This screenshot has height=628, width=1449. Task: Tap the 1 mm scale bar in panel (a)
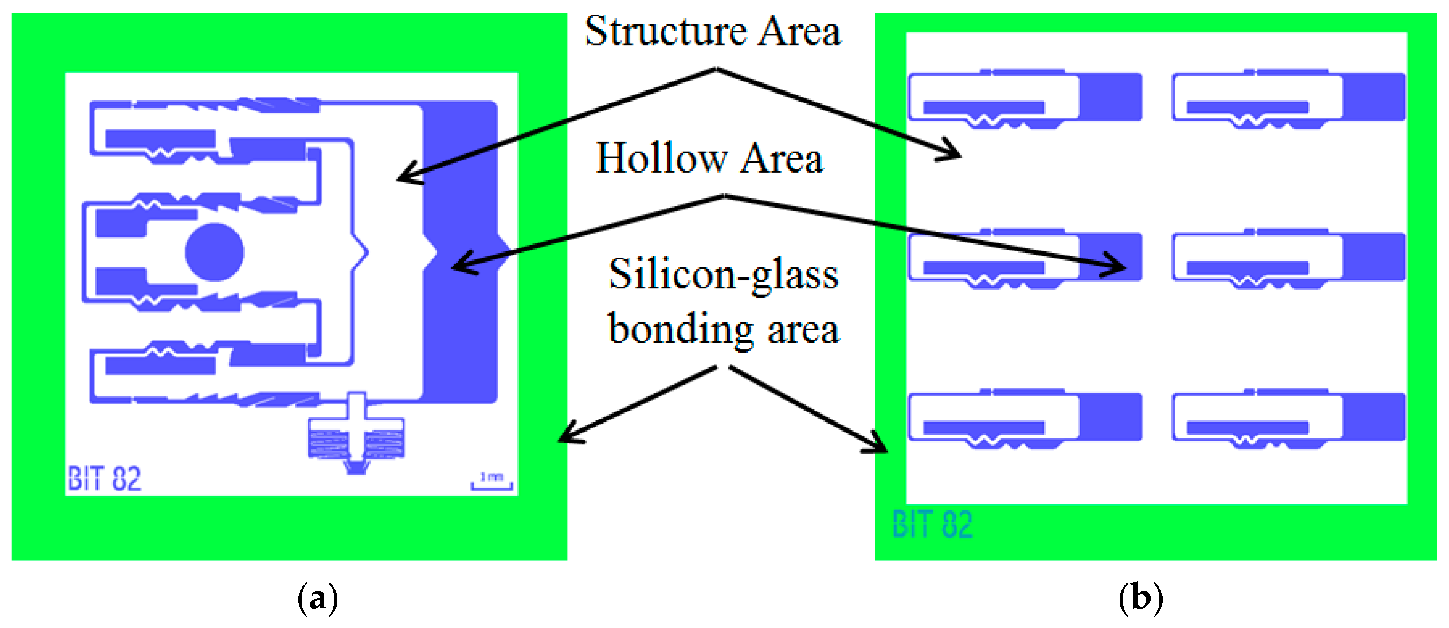tap(491, 482)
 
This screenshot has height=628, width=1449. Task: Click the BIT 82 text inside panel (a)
tap(104, 479)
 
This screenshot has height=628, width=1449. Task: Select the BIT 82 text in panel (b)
tap(932, 525)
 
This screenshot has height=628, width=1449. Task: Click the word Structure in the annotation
tap(665, 31)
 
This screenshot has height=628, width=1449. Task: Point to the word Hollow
tap(662, 159)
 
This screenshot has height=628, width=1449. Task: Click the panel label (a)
tap(317, 597)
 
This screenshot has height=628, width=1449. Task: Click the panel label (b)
tap(1140, 597)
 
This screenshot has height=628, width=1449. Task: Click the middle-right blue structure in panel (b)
tap(1288, 258)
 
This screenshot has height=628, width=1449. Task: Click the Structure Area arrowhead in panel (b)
tap(953, 153)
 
